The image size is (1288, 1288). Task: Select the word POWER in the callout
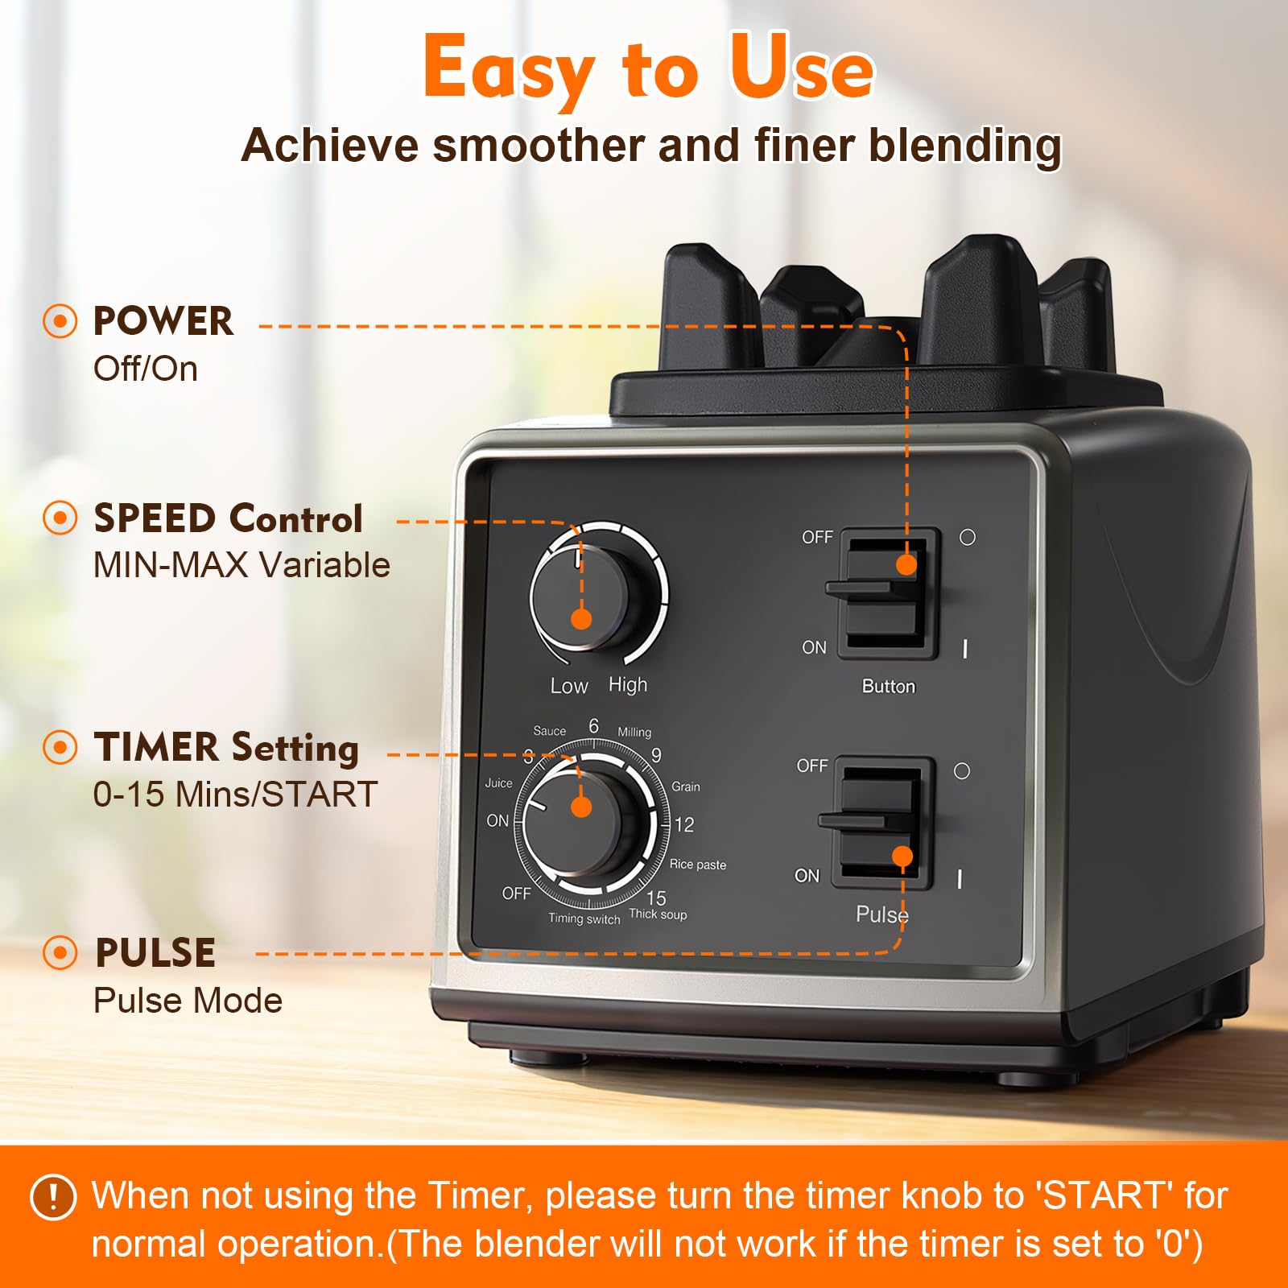(163, 321)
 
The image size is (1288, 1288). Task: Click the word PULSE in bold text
(155, 953)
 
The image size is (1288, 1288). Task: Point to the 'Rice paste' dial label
(697, 865)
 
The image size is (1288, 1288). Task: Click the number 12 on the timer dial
(684, 825)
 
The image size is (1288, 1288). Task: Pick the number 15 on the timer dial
(656, 898)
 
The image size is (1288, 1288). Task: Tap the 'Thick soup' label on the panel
(658, 914)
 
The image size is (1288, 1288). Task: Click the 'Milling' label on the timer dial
(634, 732)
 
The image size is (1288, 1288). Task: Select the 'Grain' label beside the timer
(686, 786)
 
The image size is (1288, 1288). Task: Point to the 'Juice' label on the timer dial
(498, 782)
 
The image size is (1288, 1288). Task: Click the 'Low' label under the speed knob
(569, 686)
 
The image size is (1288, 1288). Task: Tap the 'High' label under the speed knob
(628, 685)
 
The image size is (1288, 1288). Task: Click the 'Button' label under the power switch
(889, 687)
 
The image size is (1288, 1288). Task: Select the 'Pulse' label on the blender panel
(882, 914)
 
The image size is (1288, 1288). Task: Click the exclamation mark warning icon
(53, 1197)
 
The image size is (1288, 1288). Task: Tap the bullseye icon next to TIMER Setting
(60, 747)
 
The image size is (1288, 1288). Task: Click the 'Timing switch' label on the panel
(584, 919)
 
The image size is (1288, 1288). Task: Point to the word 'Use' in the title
(801, 68)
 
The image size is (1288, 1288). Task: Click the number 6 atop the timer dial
(594, 726)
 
